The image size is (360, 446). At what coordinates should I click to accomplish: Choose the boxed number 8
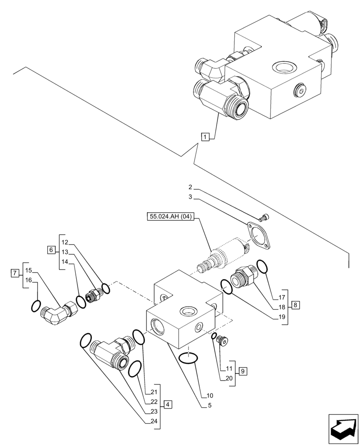296,305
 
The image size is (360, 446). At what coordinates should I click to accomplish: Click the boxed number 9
242,370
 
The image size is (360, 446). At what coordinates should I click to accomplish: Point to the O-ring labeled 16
36,306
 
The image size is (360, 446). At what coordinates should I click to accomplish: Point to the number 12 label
65,242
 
